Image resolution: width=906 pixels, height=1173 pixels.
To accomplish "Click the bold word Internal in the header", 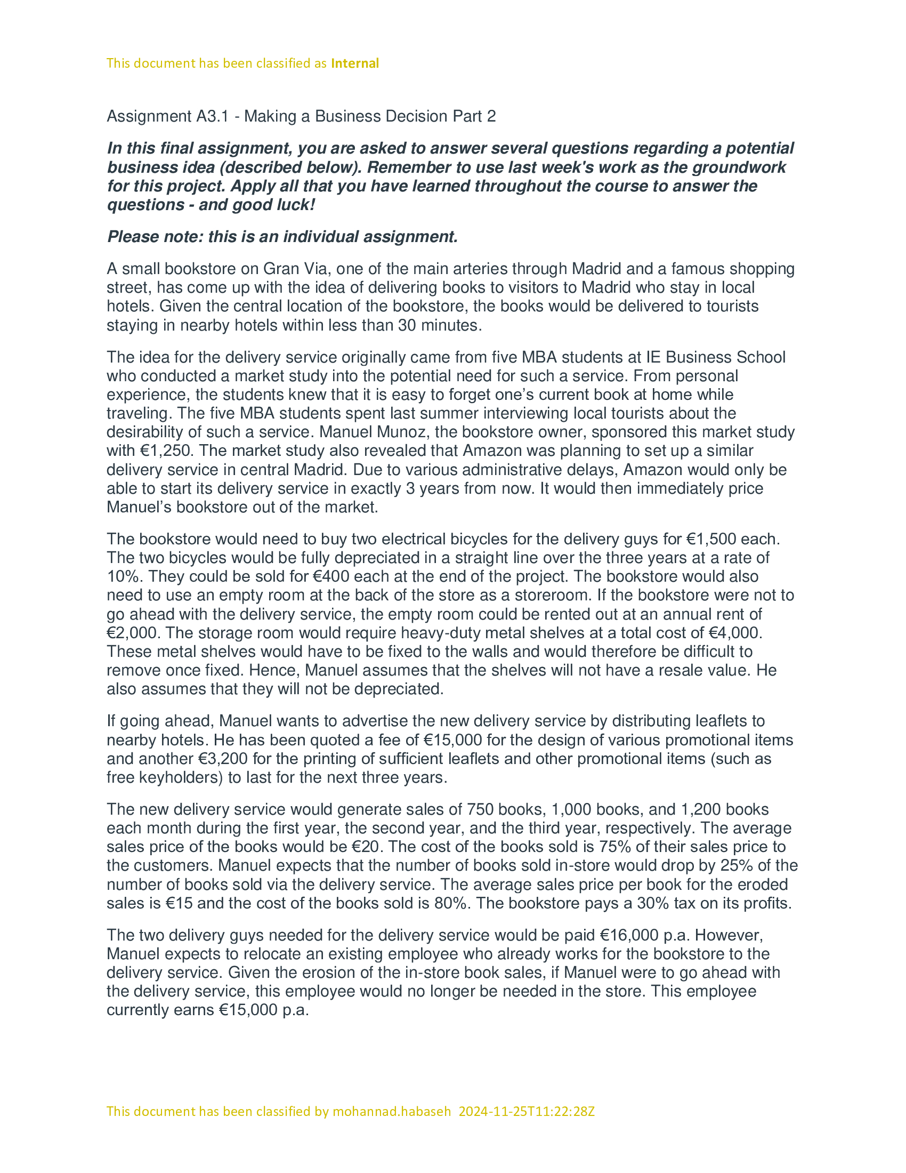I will [355, 63].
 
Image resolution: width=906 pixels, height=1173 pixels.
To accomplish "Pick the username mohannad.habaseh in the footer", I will [392, 1111].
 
